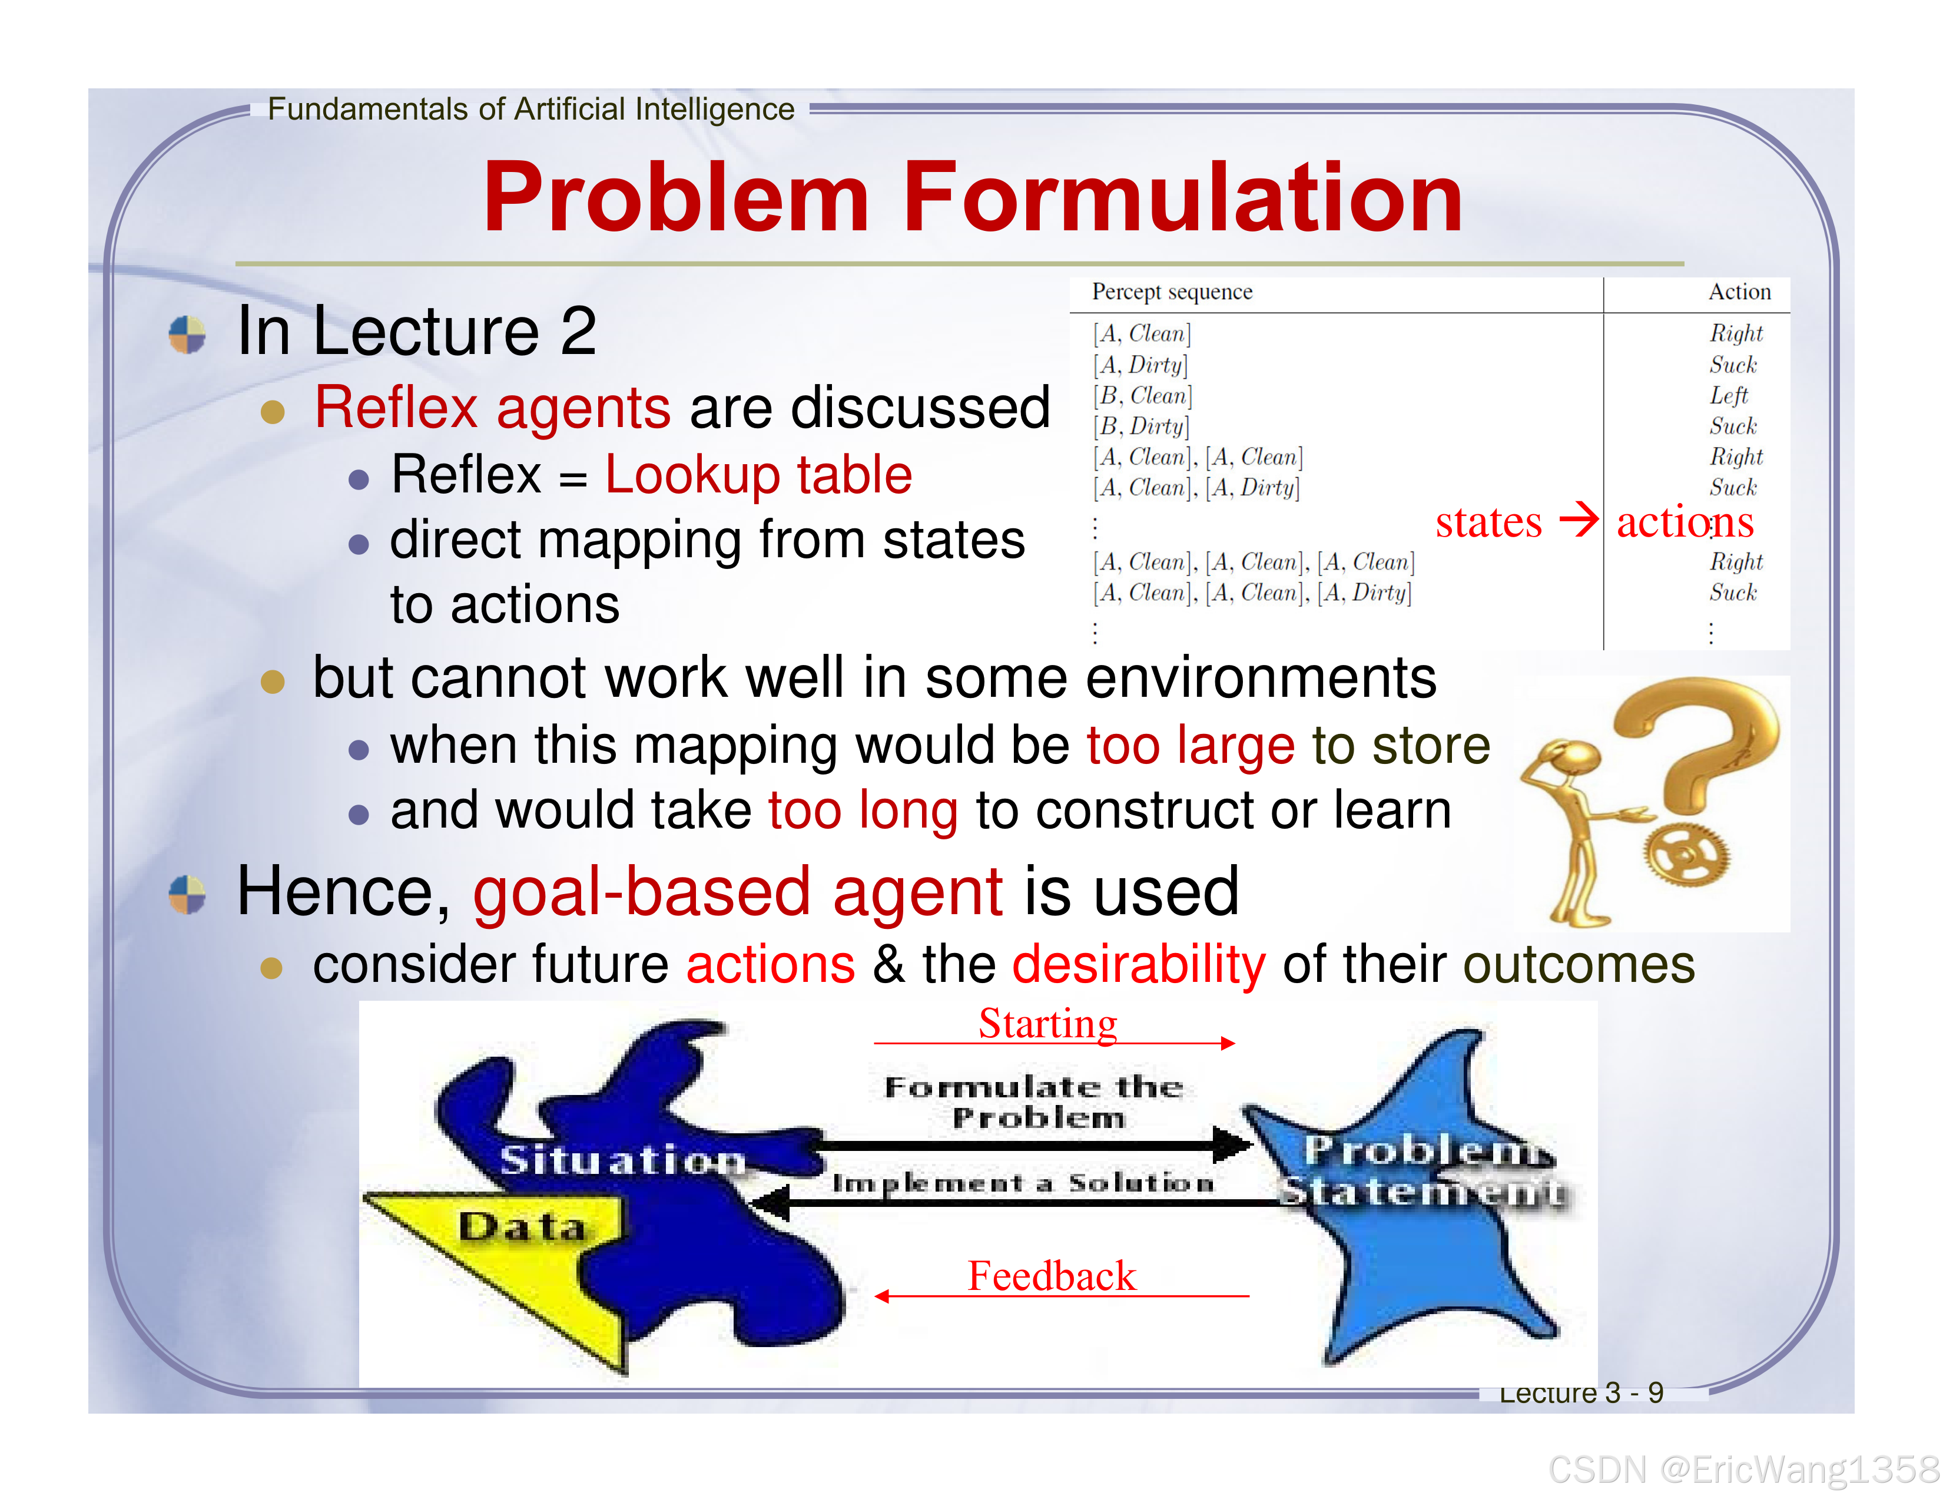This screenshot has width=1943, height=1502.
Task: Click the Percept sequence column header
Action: (x=1172, y=292)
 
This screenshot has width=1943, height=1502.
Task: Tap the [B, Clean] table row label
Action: (x=1142, y=395)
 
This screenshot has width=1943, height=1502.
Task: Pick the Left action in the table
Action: (x=1728, y=395)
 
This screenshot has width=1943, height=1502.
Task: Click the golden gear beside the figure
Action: (x=1685, y=853)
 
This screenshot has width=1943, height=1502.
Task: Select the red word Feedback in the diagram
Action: (x=1052, y=1276)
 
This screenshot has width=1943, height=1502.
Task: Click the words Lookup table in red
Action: (x=758, y=474)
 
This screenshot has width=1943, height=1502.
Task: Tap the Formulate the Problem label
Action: (x=1034, y=1101)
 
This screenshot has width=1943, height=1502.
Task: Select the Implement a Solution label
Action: (x=1023, y=1183)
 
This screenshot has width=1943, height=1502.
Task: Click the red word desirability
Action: (x=1139, y=965)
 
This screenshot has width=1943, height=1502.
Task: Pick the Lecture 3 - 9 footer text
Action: (x=1581, y=1392)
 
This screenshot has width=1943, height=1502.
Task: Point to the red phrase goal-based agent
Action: (x=738, y=892)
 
